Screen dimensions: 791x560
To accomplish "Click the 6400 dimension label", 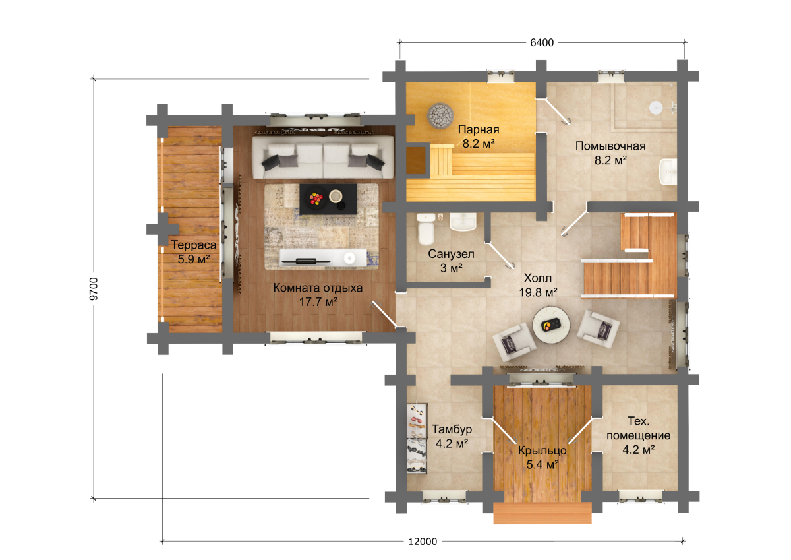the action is (x=542, y=43).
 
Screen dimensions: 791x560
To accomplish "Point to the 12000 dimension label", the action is (x=423, y=542).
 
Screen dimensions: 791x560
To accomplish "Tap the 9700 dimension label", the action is (x=94, y=289).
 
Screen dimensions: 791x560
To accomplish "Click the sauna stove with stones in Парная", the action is (x=440, y=115).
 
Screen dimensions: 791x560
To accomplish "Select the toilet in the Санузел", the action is (x=426, y=229).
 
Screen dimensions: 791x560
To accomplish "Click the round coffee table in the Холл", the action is (x=551, y=325).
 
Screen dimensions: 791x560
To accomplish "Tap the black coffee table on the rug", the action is (x=328, y=199).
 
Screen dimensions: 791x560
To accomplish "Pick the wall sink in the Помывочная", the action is (x=668, y=171).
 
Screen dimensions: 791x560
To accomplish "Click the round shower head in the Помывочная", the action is (x=656, y=108).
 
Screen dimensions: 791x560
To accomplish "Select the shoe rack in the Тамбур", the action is (x=417, y=439).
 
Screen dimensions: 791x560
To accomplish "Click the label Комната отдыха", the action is (x=318, y=288).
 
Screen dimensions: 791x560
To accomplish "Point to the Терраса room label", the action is (x=194, y=245).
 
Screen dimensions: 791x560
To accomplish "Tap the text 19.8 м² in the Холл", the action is (x=538, y=293).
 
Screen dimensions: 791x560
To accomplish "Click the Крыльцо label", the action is (x=542, y=451).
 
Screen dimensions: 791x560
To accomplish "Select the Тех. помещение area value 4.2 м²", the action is (x=639, y=450).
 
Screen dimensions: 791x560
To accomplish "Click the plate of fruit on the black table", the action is (x=316, y=198).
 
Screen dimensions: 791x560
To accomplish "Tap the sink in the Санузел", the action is (x=463, y=222).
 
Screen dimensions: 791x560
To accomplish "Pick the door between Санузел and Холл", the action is (x=501, y=256).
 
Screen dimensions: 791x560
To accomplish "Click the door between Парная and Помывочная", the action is (x=553, y=111).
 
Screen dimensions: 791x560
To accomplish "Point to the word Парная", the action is (x=479, y=130).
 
